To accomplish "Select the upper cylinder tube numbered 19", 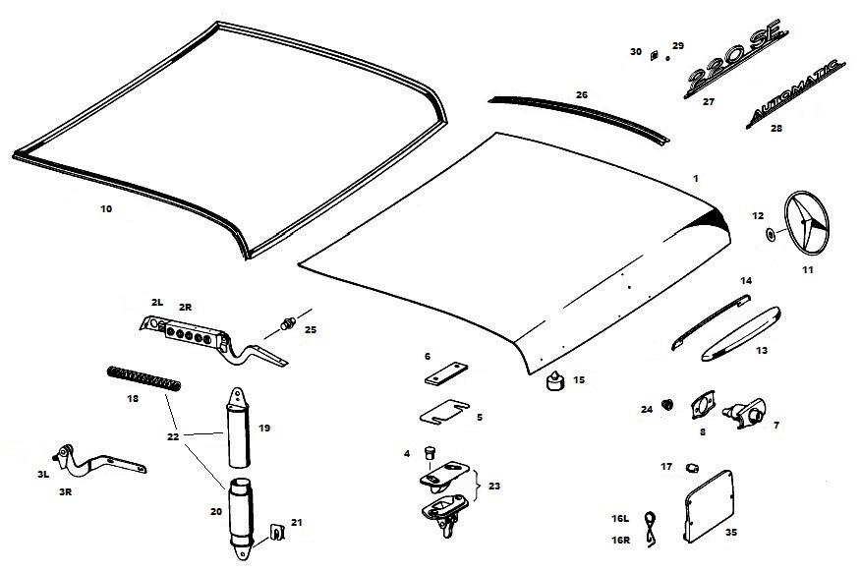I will pyautogui.click(x=237, y=430).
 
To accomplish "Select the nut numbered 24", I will pyautogui.click(x=668, y=404).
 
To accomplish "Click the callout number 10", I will pyautogui.click(x=106, y=208).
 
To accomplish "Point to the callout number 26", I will pyautogui.click(x=581, y=94).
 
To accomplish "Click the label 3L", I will pyautogui.click(x=42, y=474).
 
